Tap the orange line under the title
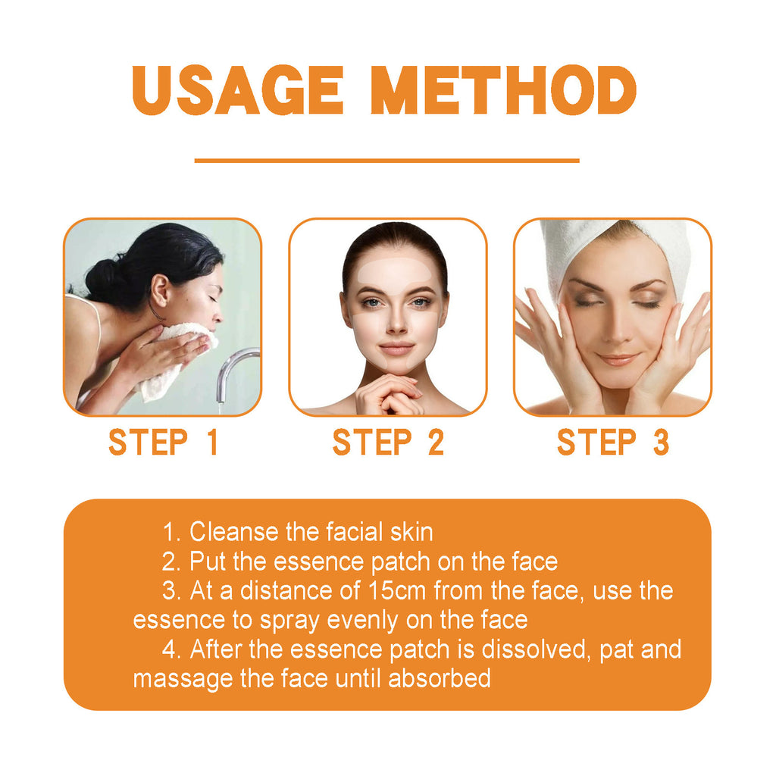(386, 161)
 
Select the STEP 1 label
(163, 443)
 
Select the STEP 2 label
(388, 443)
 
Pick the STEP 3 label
(613, 443)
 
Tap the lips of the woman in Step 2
(396, 349)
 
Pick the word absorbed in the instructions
(440, 678)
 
